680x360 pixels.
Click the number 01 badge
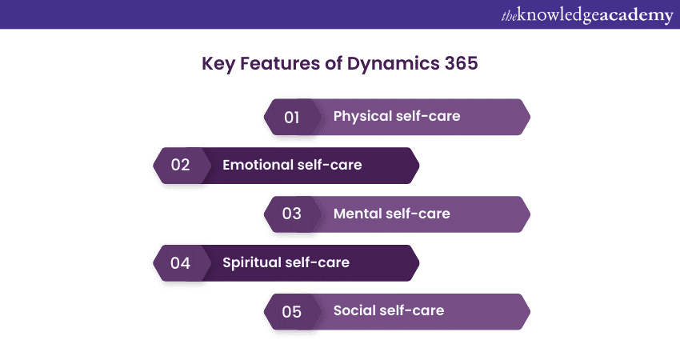tap(293, 117)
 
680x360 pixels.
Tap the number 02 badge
tap(182, 166)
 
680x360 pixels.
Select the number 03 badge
tap(293, 214)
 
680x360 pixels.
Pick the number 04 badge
tap(182, 263)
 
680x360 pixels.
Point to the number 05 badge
tap(293, 311)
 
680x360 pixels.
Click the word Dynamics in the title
tap(393, 64)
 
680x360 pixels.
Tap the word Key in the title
tap(218, 64)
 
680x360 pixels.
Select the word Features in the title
tap(280, 63)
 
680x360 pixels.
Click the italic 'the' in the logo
tap(509, 16)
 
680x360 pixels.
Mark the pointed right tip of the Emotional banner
tap(419, 166)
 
